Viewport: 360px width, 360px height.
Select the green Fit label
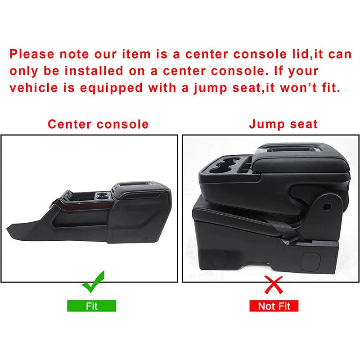[92, 306]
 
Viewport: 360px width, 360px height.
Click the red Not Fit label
[274, 306]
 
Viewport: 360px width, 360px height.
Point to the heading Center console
[98, 124]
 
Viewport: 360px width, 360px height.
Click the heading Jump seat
[283, 124]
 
